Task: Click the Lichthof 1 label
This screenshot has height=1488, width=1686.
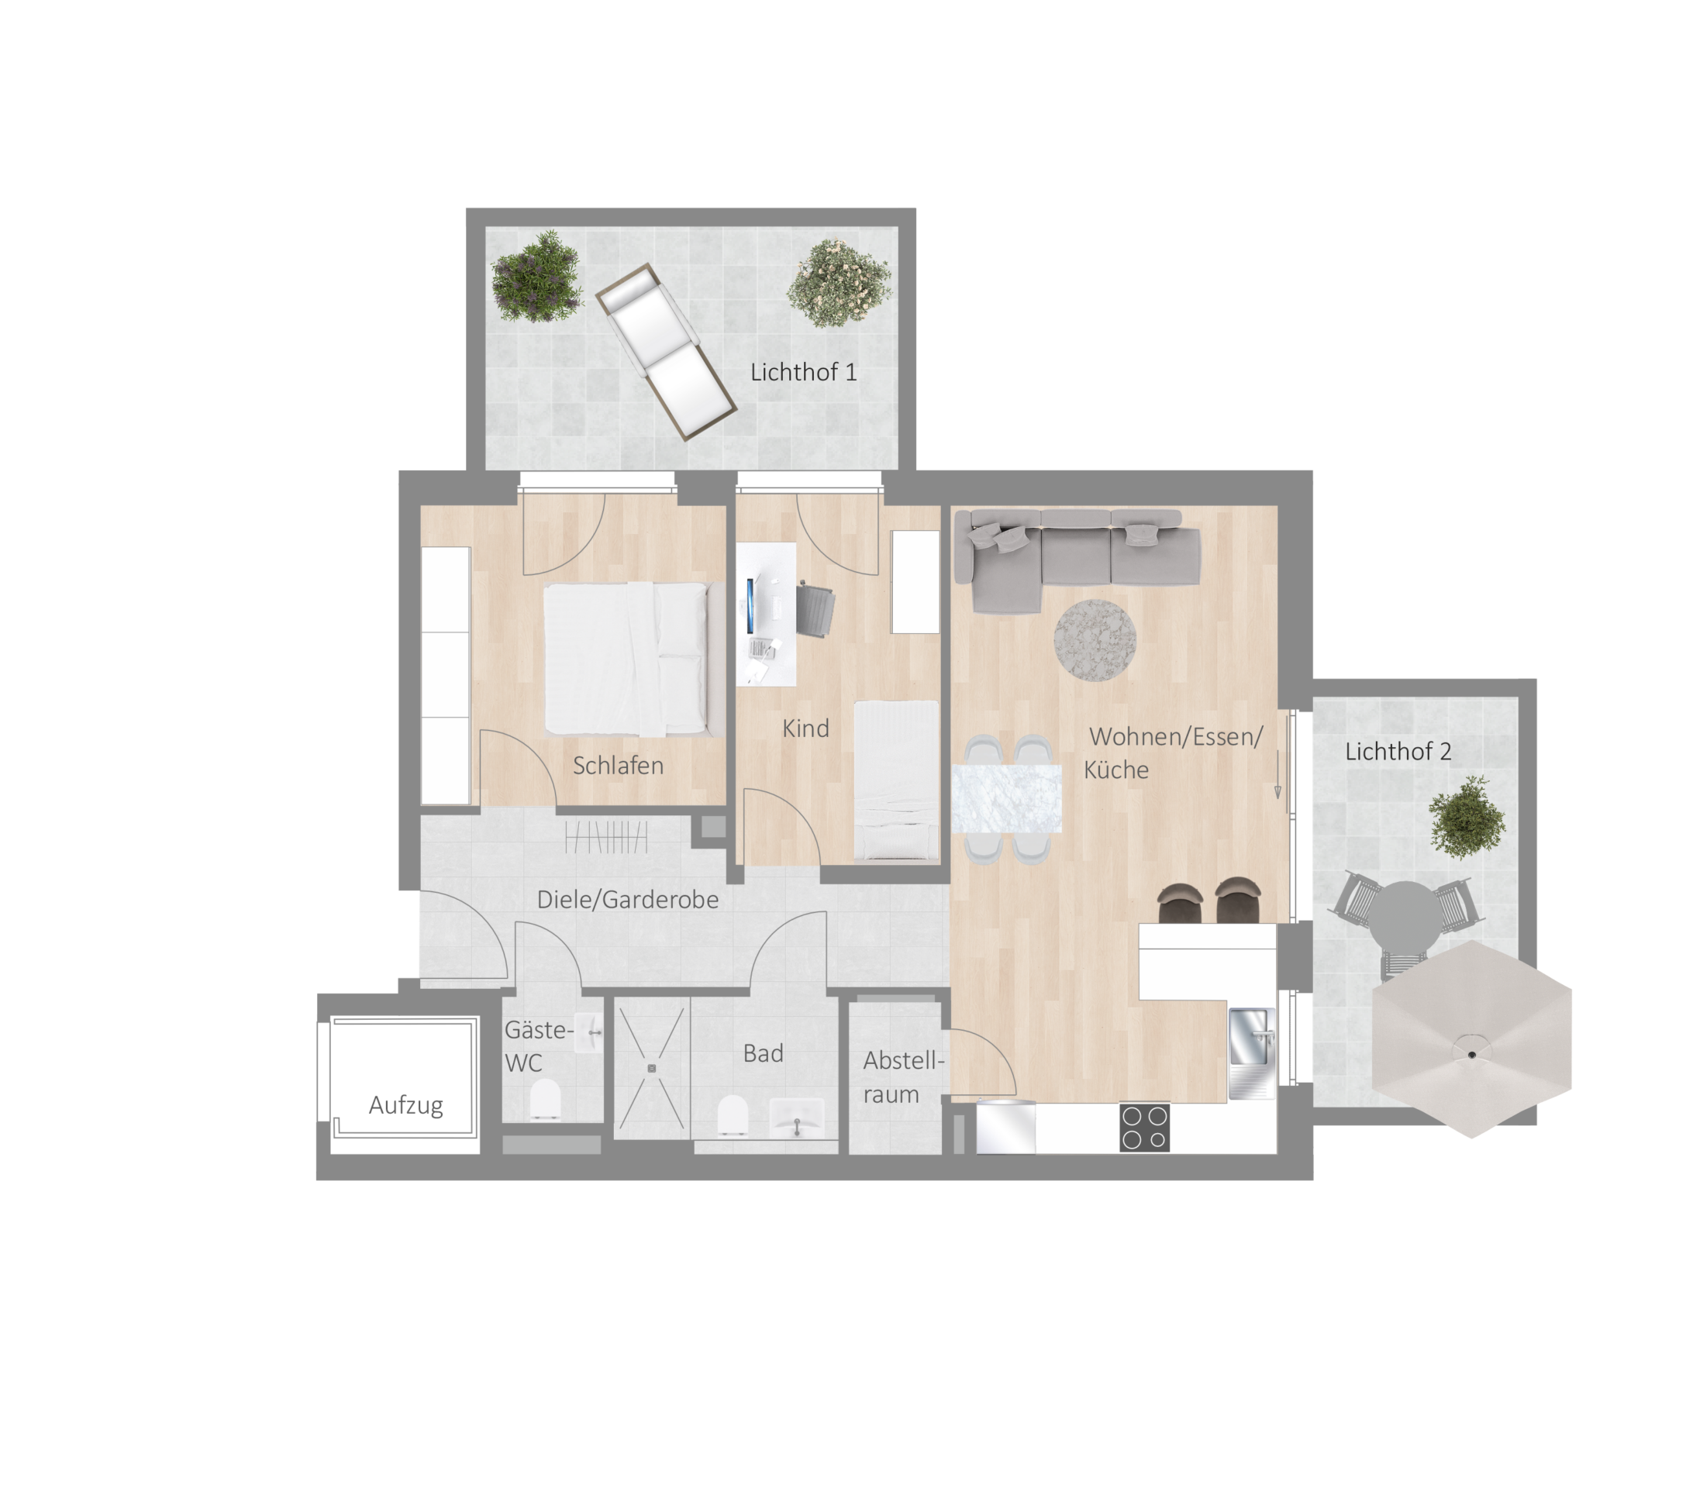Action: tap(803, 372)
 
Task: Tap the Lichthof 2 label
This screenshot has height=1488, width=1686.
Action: tap(1398, 752)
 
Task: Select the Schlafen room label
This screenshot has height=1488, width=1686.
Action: tap(618, 766)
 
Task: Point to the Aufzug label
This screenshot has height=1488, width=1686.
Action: tap(406, 1105)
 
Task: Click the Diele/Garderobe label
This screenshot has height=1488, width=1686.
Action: tap(628, 900)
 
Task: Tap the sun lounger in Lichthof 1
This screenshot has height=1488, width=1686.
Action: tap(665, 350)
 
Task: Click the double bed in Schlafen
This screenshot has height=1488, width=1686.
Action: tap(633, 659)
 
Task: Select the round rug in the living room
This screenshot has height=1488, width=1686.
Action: tap(1095, 641)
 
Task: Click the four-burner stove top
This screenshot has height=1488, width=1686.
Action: tap(1145, 1128)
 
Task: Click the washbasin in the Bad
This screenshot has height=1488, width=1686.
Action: tap(797, 1118)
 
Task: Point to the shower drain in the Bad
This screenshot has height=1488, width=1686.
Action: tap(652, 1068)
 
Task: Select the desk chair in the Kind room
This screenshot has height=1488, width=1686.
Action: tap(815, 611)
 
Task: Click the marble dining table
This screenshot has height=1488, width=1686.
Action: tap(1006, 799)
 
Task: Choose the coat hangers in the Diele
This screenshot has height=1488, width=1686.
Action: tap(607, 836)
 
